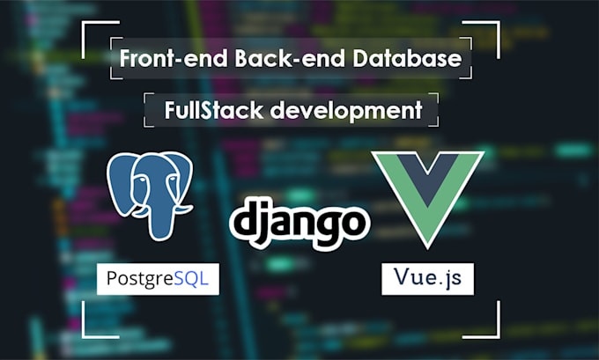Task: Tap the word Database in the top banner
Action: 407,58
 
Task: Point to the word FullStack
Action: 214,110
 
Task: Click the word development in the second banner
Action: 346,111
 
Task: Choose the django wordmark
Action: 299,222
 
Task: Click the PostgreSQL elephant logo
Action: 150,195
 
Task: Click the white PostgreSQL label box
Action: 158,279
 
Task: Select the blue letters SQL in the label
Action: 191,278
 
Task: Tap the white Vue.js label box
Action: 427,279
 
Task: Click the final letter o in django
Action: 352,223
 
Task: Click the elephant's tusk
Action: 181,209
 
